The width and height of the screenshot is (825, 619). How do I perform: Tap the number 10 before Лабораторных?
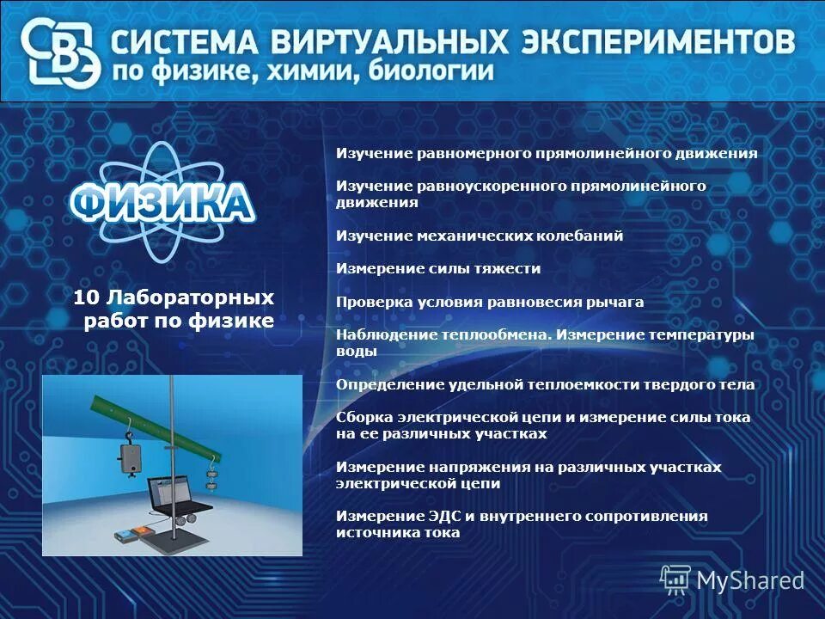coord(86,298)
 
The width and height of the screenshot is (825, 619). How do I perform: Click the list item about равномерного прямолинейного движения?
coord(547,154)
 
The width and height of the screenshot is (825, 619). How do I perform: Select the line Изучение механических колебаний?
coord(480,236)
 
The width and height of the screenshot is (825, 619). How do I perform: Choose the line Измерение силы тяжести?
coord(438,268)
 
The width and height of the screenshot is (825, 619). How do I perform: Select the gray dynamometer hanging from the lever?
coord(131,457)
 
